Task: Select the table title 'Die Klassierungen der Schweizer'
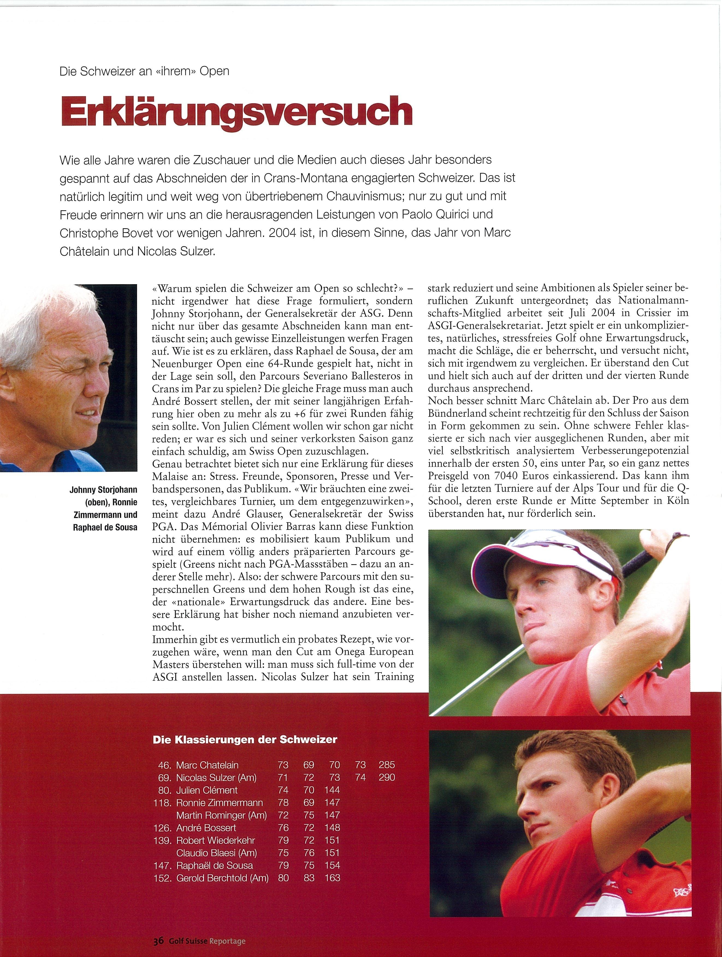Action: click(245, 740)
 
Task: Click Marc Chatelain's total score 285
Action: click(387, 765)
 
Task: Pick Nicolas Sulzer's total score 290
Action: click(387, 777)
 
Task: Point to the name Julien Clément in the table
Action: click(207, 790)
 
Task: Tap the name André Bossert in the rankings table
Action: click(206, 828)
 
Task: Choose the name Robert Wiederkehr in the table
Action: click(215, 840)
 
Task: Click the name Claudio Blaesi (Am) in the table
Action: click(217, 853)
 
